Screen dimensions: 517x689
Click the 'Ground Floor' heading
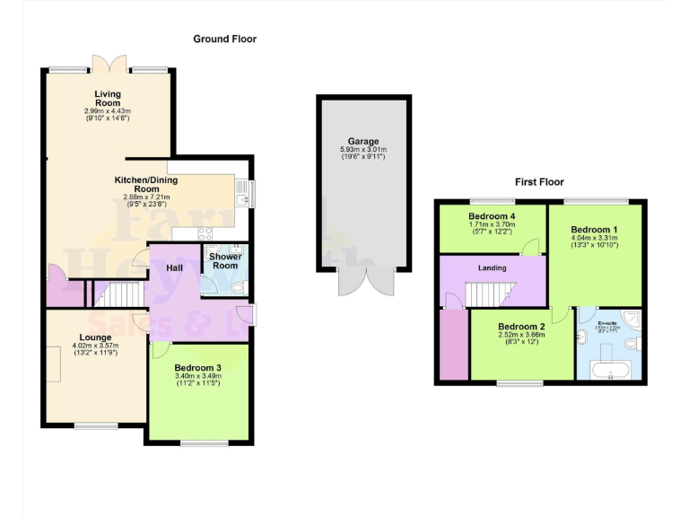tap(224, 39)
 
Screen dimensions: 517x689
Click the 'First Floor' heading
tap(538, 182)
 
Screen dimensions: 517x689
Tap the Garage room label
tap(363, 141)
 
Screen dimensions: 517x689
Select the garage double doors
tap(363, 281)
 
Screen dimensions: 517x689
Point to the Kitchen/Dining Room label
tap(145, 184)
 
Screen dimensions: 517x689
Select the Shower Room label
tap(224, 260)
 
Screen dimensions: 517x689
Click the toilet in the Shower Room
tap(237, 287)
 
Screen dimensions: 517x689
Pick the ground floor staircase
tap(116, 294)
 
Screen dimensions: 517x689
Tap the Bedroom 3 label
tap(197, 367)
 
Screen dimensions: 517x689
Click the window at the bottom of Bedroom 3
tap(197, 443)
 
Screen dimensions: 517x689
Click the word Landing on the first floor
tap(492, 267)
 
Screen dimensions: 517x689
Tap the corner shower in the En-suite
tap(632, 318)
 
